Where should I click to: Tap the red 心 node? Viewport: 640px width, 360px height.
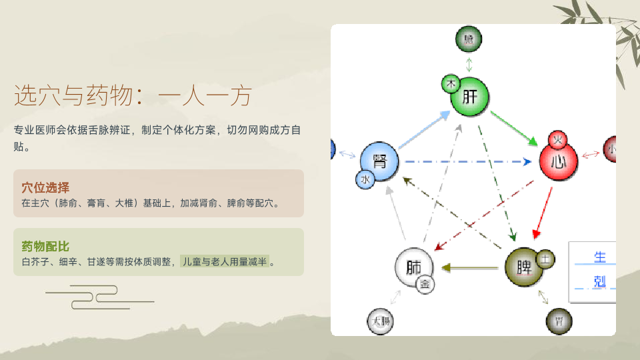pos(559,162)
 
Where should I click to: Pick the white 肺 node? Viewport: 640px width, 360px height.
pos(414,268)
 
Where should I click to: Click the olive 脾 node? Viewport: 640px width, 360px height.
pos(525,267)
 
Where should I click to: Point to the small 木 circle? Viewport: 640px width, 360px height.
pos(451,85)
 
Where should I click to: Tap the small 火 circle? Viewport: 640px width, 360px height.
pos(558,140)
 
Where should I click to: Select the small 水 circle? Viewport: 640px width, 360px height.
pos(365,179)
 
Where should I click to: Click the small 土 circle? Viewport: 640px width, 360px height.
pos(546,259)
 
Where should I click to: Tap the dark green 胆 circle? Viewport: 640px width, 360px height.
pos(469,40)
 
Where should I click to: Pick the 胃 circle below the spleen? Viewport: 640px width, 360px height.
pos(559,322)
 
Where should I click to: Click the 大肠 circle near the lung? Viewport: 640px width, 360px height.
pos(381,322)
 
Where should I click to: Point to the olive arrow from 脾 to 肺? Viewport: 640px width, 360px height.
pos(470,268)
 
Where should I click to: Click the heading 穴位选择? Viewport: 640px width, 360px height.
pos(45,187)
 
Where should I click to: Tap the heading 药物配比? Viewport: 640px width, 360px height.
pos(45,246)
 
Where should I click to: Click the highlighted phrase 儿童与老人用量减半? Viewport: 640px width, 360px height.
pos(225,261)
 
